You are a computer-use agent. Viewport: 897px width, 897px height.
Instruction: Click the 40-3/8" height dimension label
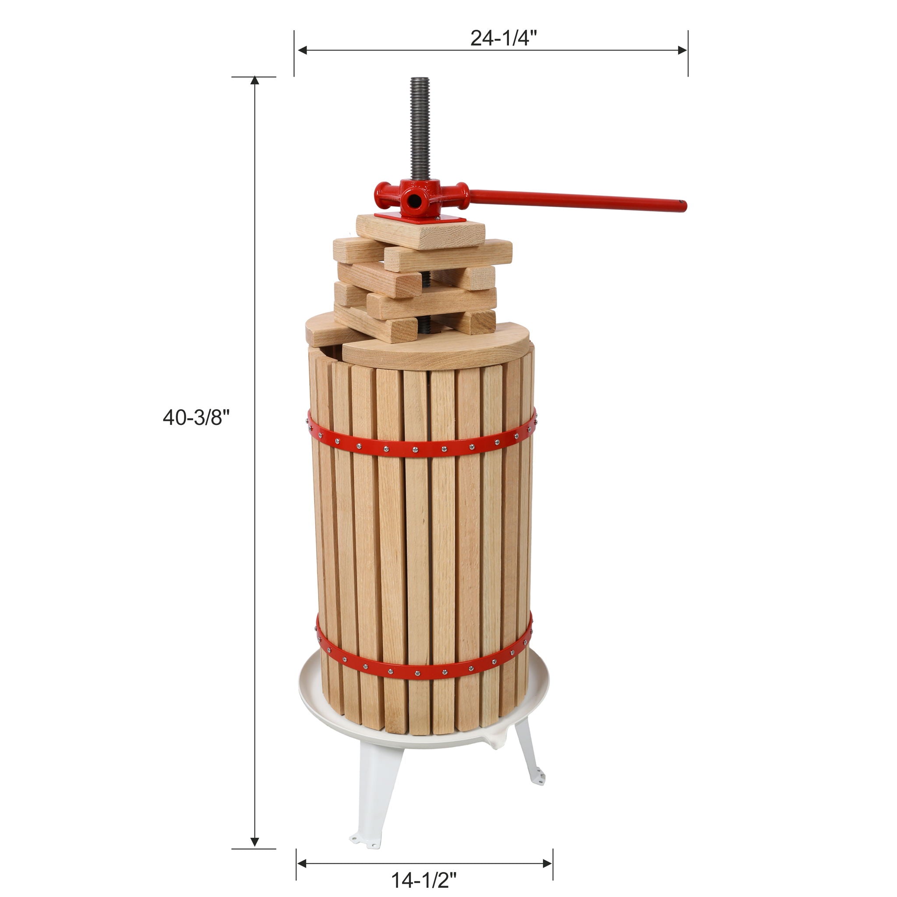196,418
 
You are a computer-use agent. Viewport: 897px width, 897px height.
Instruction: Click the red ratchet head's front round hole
412,201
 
